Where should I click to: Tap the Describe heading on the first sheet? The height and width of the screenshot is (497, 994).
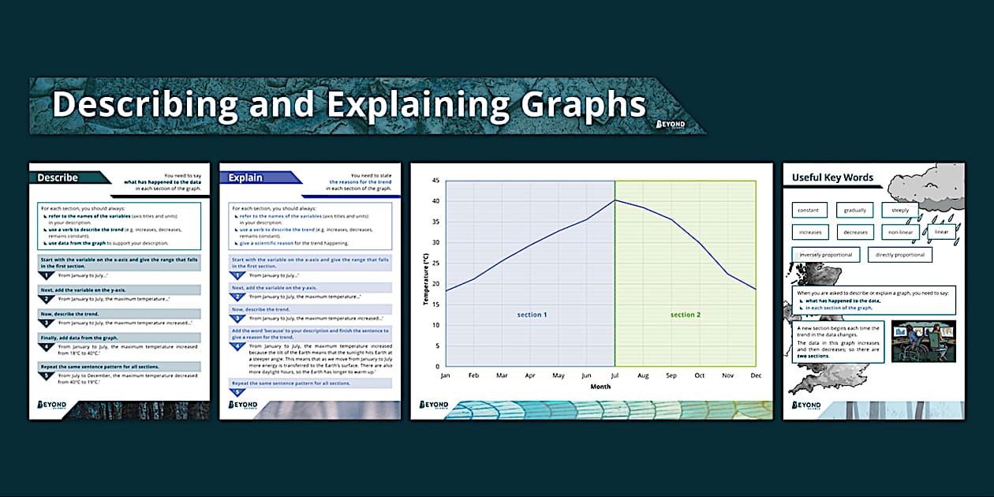click(58, 178)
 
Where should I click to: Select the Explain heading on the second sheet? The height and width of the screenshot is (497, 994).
click(245, 178)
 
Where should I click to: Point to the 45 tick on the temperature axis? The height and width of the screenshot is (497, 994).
click(435, 181)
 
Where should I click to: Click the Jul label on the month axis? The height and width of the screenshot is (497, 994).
click(615, 376)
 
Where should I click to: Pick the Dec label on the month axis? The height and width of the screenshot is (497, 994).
click(756, 376)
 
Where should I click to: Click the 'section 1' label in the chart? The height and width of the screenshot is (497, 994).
click(532, 315)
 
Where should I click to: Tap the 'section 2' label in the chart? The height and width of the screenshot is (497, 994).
click(686, 315)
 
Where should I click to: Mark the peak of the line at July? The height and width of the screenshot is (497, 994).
click(615, 200)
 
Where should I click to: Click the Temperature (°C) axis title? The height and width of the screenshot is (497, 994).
click(425, 274)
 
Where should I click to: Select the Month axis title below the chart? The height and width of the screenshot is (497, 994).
click(600, 387)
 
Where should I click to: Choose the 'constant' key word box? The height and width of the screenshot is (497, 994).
click(809, 210)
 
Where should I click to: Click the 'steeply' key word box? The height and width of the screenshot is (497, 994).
click(900, 210)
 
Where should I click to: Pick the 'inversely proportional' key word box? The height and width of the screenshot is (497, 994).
click(825, 255)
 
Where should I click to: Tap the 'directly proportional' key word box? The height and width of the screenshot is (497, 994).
click(900, 255)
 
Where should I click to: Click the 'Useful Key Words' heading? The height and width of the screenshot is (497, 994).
click(832, 177)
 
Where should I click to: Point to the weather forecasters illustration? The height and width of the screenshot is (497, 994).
click(923, 342)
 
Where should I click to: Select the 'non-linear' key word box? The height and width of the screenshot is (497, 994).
click(900, 233)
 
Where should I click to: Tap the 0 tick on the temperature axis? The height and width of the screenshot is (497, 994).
click(437, 367)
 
